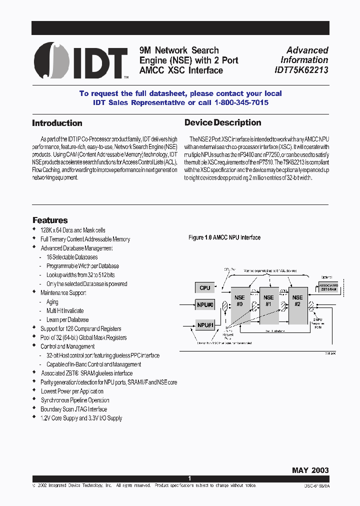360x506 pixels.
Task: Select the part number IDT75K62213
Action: point(301,70)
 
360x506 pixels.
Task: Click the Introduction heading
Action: point(57,123)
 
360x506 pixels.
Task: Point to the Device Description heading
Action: point(223,122)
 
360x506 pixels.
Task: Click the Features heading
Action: point(50,220)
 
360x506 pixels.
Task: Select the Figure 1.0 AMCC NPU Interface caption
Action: point(224,237)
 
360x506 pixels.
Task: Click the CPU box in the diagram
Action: point(204,287)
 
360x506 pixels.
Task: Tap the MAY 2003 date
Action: point(310,470)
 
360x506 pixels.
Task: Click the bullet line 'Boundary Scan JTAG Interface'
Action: point(74,409)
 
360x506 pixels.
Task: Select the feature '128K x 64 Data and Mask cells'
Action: point(73,230)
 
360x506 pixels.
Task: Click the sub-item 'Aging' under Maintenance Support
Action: point(52,302)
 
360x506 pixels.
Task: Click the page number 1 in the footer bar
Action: point(189,478)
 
